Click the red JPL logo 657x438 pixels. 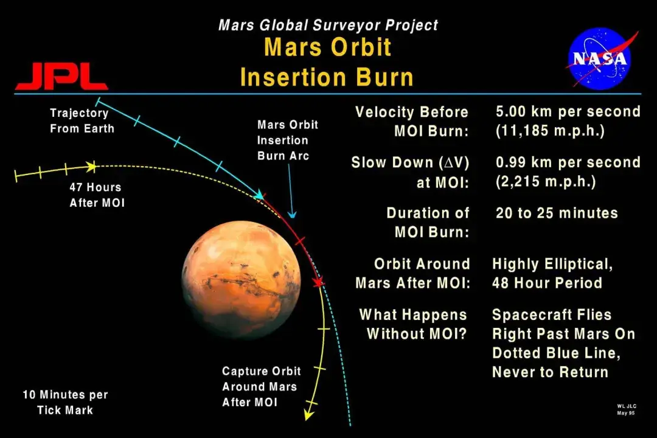62,76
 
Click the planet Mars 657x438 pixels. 242,280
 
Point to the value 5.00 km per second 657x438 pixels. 568,111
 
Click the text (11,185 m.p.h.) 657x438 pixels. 550,131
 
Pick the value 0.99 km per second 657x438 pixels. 568,162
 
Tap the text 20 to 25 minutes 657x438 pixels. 557,213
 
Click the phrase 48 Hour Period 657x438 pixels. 547,283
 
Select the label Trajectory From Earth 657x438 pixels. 82,120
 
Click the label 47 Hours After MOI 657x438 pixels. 97,195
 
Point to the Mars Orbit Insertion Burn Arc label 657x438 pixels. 287,140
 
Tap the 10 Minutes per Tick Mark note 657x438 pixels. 65,402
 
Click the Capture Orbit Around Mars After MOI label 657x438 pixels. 261,386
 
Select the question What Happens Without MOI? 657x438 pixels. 413,324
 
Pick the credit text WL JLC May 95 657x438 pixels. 627,409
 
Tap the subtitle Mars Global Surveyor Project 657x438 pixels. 328,25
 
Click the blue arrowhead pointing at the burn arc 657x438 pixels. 292,215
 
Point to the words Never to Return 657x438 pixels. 550,372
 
